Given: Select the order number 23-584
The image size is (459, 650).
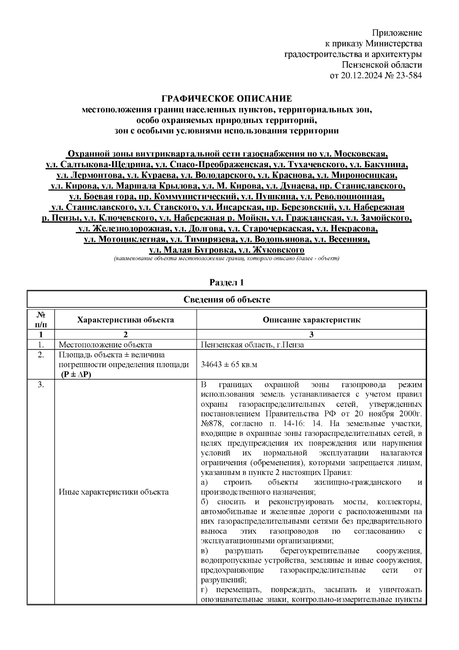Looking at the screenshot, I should coord(408,75).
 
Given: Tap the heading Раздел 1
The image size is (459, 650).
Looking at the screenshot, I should coord(226,283).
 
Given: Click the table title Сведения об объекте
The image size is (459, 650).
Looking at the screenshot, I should coord(226,300).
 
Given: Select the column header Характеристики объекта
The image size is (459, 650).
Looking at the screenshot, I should coord(125,320).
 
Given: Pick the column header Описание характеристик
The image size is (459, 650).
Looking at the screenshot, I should coord(311,320).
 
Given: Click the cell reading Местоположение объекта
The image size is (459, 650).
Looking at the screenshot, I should coord(105,344).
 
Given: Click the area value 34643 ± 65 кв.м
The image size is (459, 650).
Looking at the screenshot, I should coord(229,364).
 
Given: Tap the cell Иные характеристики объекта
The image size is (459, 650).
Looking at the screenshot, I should coord(114,492).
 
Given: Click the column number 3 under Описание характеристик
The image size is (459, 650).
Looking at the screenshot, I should coord(311,334).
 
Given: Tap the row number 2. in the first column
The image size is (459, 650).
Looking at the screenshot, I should coord(41,355).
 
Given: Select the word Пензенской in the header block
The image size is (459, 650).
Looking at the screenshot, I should coord(368,65).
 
